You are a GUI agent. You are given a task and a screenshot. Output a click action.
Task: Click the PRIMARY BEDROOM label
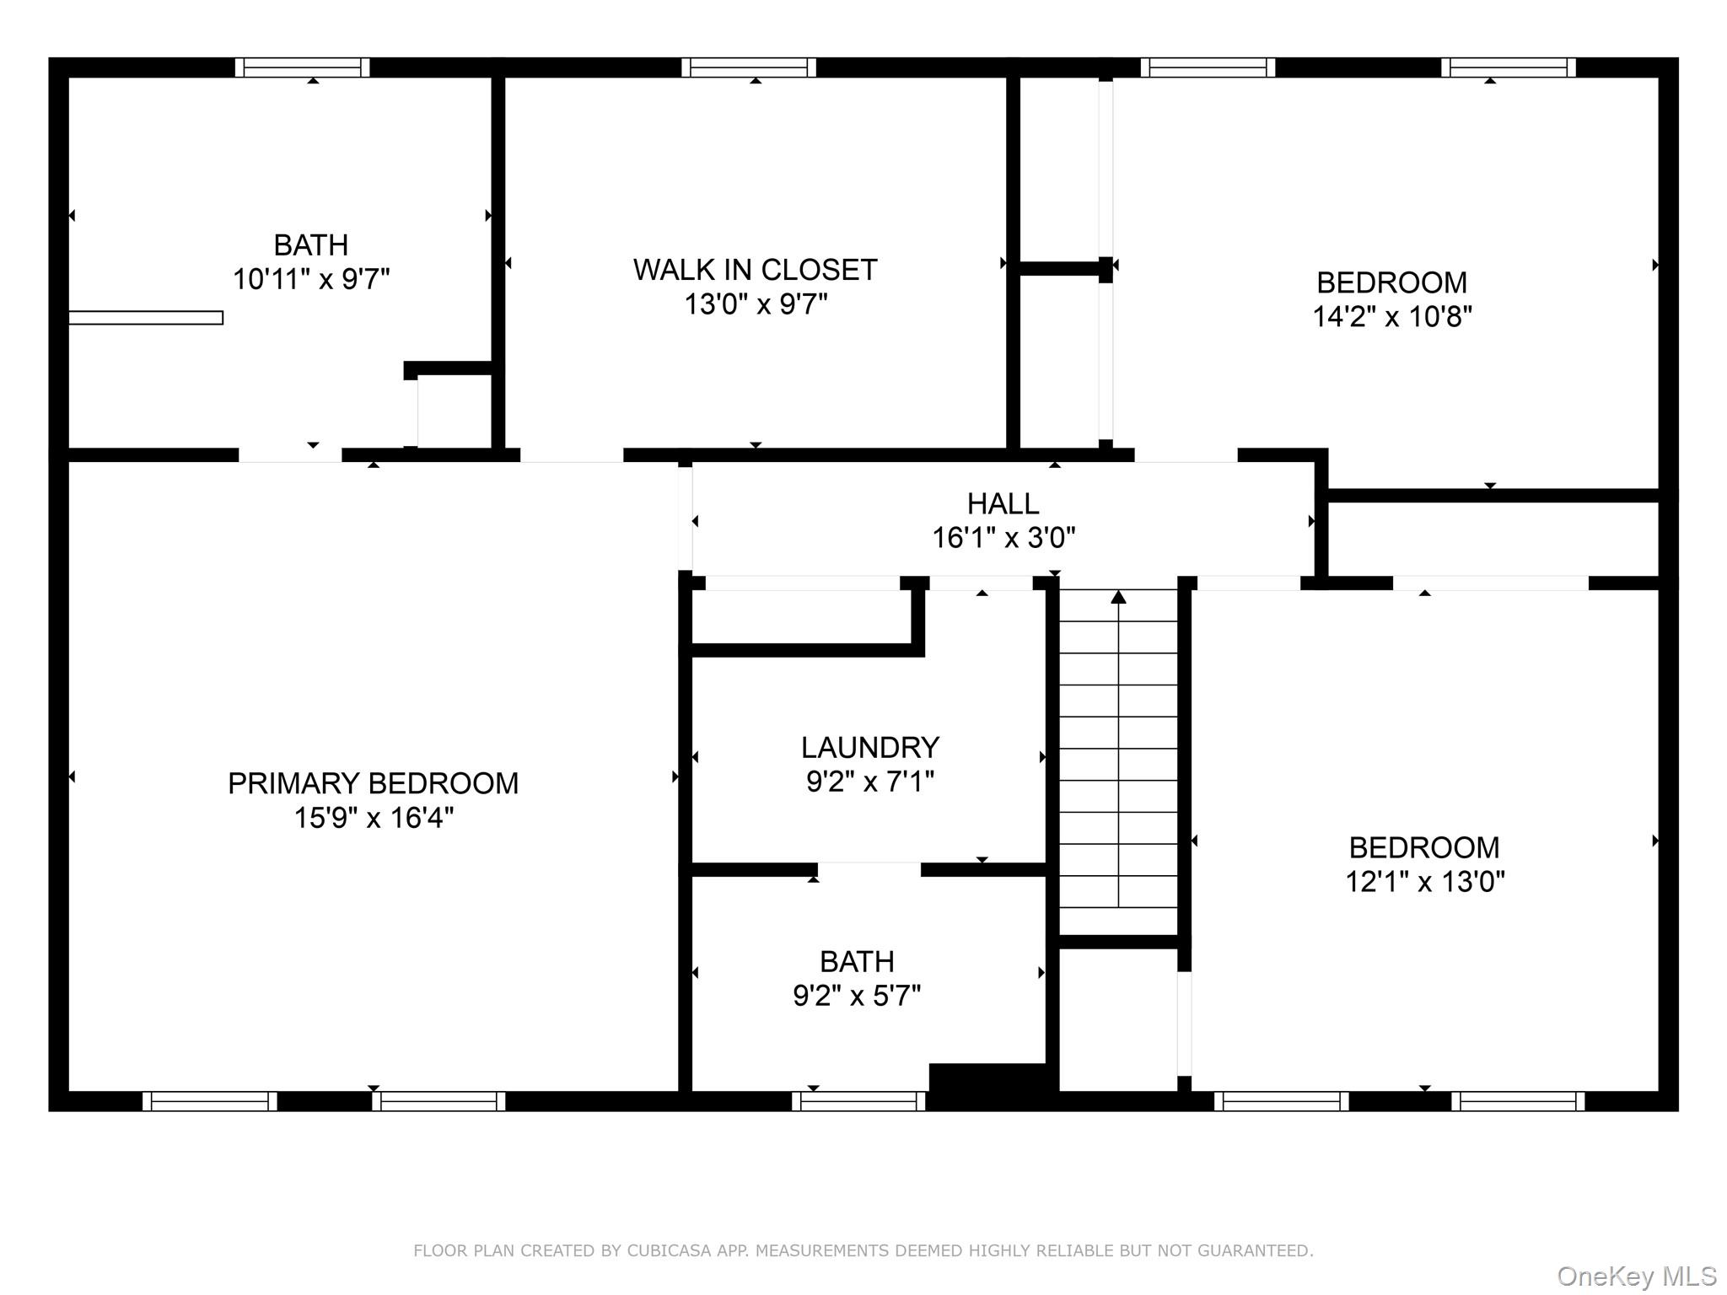click(x=373, y=783)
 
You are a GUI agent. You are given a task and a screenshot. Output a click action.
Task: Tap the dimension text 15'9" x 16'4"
click(x=373, y=818)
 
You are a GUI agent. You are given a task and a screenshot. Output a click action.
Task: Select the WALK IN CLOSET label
click(x=755, y=270)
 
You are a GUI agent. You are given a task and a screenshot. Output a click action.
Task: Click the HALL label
click(x=1002, y=503)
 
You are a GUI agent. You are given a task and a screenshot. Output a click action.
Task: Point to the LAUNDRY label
click(x=869, y=747)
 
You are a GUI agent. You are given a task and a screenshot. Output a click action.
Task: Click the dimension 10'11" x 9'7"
click(x=310, y=279)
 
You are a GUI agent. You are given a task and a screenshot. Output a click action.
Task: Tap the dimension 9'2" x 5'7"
click(x=856, y=996)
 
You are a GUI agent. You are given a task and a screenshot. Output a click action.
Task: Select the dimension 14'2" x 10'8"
click(x=1391, y=316)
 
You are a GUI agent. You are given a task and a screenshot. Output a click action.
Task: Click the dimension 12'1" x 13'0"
click(x=1423, y=882)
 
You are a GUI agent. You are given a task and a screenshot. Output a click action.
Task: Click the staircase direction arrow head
click(x=1118, y=597)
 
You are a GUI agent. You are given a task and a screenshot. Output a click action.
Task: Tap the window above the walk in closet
click(x=748, y=67)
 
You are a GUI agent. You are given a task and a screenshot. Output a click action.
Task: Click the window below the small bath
click(x=858, y=1101)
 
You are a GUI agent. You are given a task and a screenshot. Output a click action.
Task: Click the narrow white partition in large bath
click(x=146, y=318)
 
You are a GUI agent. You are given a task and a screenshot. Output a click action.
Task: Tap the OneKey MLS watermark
click(x=1636, y=1276)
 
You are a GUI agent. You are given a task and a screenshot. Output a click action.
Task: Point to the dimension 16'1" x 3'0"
click(x=1002, y=538)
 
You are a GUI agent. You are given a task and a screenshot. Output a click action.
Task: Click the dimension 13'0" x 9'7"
click(x=755, y=304)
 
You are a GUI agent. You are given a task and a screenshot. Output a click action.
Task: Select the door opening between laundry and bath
click(x=869, y=869)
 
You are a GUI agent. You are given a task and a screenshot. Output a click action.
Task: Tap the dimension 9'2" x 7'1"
click(x=869, y=782)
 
